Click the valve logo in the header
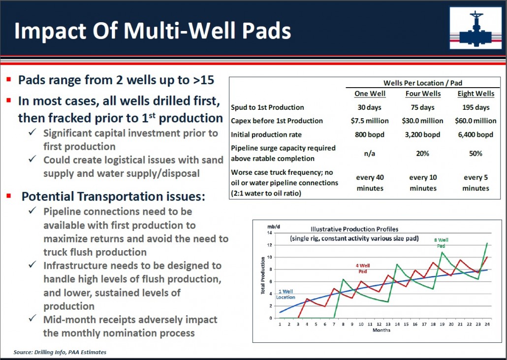tap(475, 28)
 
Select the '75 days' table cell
tap(423, 107)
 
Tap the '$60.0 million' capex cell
tap(475, 121)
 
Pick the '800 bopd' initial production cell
tap(370, 134)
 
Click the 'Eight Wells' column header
tap(475, 94)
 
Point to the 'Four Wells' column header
tap(423, 94)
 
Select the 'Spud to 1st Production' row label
tap(267, 107)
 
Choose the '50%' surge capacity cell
tap(475, 153)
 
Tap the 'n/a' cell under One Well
tap(370, 153)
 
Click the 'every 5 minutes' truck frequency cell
tap(475, 183)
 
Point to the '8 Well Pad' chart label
tap(442, 243)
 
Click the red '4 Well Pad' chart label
tap(363, 268)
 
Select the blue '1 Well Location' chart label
tap(285, 295)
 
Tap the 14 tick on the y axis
tap(270, 232)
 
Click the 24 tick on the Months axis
tap(487, 324)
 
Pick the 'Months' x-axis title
tap(381, 330)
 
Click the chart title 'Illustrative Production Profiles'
tap(354, 229)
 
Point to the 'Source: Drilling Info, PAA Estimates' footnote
tap(60, 352)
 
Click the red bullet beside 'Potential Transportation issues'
tap(9, 196)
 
